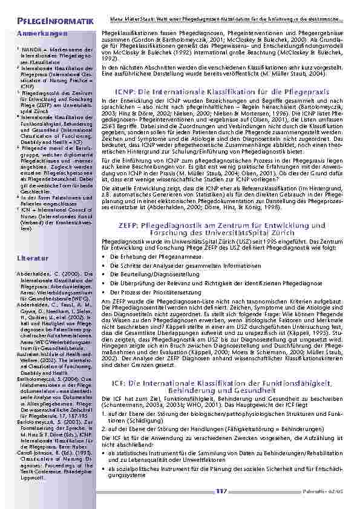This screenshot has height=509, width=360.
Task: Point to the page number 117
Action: pos(220,491)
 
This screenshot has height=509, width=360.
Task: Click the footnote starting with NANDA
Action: pos(54,53)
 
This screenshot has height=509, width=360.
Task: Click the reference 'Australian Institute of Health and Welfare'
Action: pos(55,357)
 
